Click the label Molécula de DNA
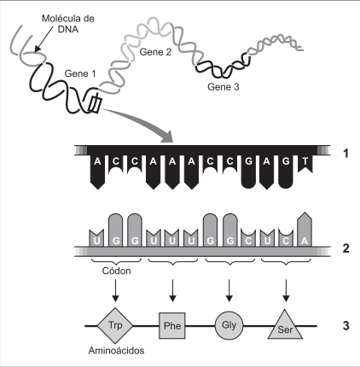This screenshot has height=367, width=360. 68,24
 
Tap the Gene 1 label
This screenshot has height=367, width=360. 80,73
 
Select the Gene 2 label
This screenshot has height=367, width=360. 155,52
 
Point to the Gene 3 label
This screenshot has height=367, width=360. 224,87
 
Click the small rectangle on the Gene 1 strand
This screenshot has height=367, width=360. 95,104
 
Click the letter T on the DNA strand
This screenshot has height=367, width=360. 305,161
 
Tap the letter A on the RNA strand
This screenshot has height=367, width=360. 305,241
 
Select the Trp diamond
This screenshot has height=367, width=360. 115,326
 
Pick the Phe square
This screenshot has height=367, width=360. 172,326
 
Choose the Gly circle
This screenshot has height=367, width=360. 229,325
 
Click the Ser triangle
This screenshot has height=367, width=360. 285,326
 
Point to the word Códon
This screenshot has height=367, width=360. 117,271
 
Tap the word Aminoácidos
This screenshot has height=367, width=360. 116,351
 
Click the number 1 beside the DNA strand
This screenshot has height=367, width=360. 345,154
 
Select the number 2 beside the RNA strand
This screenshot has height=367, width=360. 345,248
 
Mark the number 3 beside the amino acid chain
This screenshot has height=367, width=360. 345,325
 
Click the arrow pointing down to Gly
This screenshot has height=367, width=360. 229,290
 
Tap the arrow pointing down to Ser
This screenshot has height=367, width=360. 286,290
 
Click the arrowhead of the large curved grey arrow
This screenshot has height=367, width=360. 167,137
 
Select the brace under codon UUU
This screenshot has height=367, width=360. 173,261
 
